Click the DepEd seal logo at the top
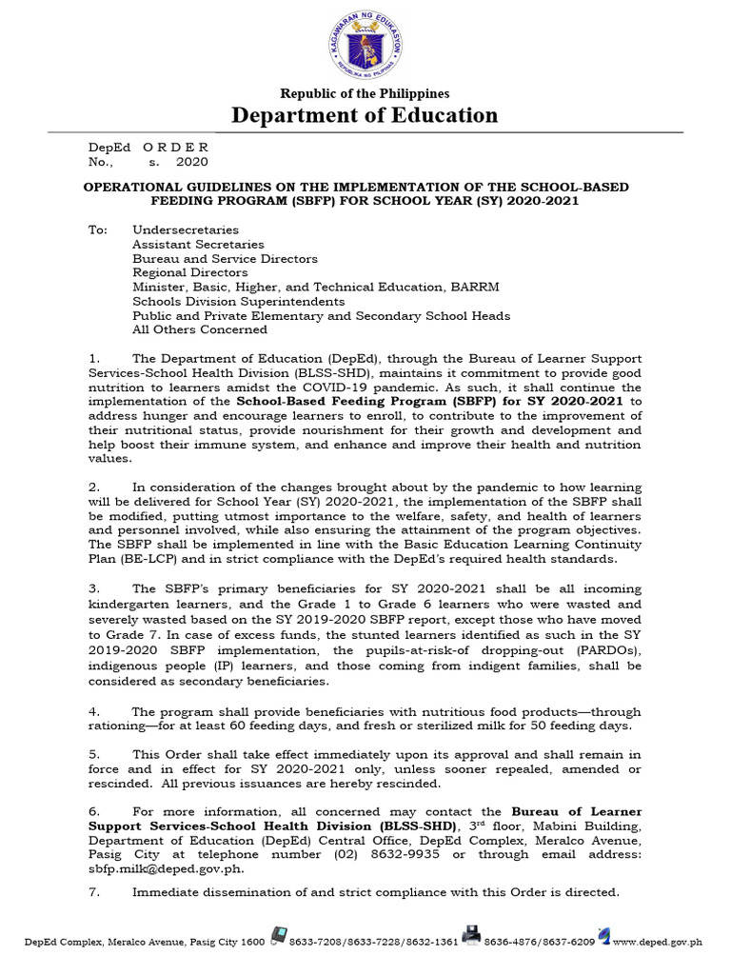[365, 44]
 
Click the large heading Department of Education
[365, 115]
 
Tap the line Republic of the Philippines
[365, 93]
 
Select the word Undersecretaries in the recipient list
[186, 229]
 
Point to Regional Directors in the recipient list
[190, 272]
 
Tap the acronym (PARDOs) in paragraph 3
[607, 651]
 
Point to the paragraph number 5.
[95, 754]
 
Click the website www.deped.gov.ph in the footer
[657, 943]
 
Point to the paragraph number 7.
[95, 892]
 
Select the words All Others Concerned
[200, 329]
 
